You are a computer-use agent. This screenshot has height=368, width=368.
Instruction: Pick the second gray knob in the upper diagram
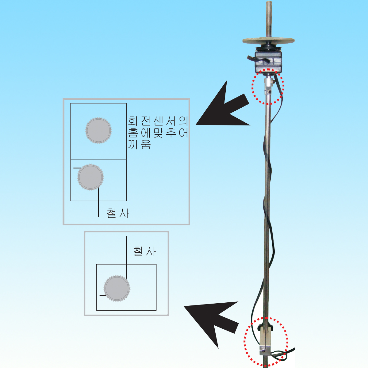pos(90,177)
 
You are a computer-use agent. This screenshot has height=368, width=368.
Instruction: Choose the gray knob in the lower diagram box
pos(117,289)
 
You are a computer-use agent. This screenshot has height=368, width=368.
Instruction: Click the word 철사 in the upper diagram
pos(118,213)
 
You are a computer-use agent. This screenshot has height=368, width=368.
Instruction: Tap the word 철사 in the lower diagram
pos(144,251)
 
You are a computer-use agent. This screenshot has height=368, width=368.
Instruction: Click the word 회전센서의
pos(158,121)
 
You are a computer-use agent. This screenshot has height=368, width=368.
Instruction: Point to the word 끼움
pos(140,144)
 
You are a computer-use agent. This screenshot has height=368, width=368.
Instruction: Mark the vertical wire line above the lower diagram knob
pos(126,255)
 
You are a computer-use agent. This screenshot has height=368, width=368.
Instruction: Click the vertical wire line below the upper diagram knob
pos(98,202)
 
